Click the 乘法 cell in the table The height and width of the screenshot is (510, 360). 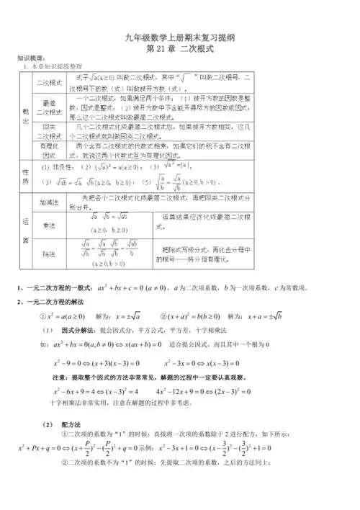click(x=50, y=225)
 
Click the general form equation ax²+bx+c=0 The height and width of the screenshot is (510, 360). click(x=130, y=289)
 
